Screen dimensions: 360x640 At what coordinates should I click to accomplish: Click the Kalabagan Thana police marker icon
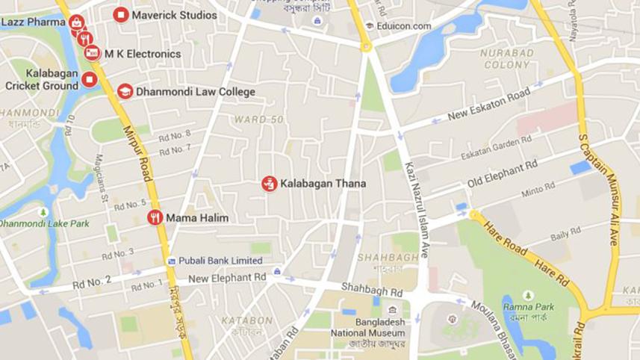[x=269, y=183]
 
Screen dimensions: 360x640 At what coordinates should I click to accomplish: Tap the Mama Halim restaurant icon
[x=155, y=218]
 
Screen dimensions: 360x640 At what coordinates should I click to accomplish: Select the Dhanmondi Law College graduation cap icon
[x=125, y=91]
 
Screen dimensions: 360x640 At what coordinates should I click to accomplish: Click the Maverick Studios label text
[x=174, y=15]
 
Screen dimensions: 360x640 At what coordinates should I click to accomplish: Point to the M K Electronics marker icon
[x=93, y=54]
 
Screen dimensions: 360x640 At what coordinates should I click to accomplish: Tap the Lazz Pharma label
[x=34, y=22]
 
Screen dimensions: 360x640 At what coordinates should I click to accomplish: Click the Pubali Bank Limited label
[x=220, y=261]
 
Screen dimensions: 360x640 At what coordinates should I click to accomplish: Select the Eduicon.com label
[x=404, y=26]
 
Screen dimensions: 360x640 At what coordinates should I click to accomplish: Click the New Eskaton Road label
[x=488, y=105]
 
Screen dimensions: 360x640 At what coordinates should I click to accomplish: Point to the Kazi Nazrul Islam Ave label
[x=417, y=210]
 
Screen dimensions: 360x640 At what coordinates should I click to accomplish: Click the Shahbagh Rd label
[x=372, y=288]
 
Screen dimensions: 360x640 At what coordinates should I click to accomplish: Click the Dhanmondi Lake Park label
[x=45, y=223]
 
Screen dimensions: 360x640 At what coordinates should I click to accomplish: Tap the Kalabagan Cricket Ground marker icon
[x=90, y=79]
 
